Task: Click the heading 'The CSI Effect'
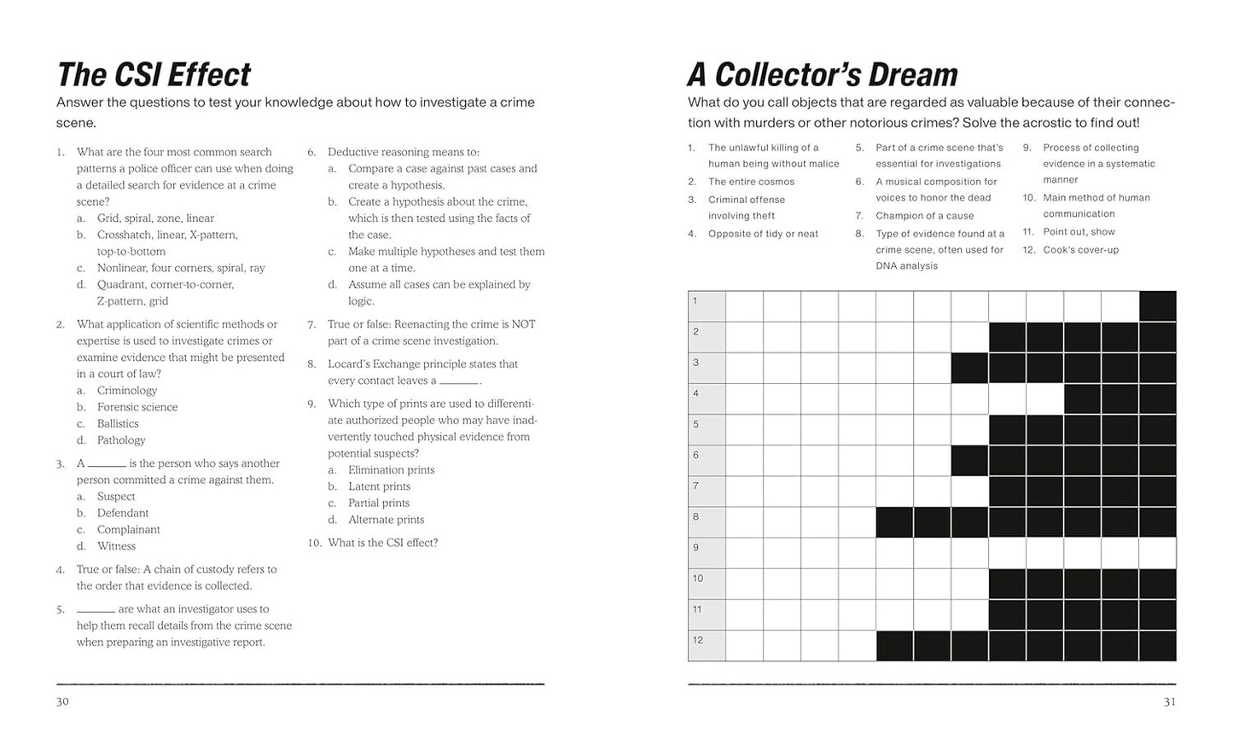(154, 75)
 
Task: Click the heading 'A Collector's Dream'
(823, 75)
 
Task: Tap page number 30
(62, 701)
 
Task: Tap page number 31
(1169, 701)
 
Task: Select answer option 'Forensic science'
(137, 407)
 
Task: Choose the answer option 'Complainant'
(128, 529)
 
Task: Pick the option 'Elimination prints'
(391, 469)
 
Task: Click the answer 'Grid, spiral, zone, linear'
(155, 218)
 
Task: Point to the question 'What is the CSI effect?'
(382, 543)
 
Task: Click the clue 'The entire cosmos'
(751, 182)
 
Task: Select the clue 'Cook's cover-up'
(1080, 250)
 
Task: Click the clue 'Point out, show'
(1079, 232)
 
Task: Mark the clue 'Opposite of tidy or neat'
(763, 234)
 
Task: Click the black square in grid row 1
(1157, 306)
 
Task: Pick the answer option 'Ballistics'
(118, 423)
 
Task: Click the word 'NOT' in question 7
(523, 324)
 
